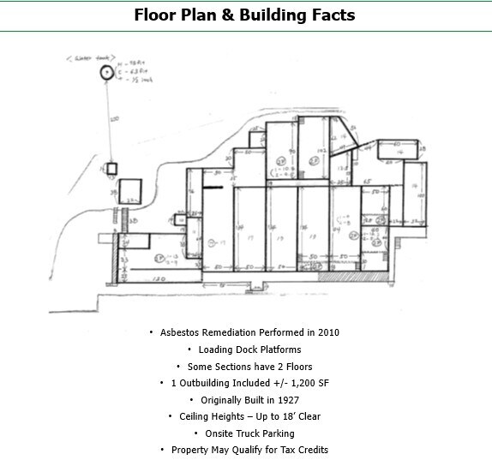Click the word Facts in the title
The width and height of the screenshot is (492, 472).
click(327, 15)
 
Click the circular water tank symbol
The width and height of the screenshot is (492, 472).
click(105, 74)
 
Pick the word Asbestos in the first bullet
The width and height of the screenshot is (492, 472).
click(181, 332)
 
